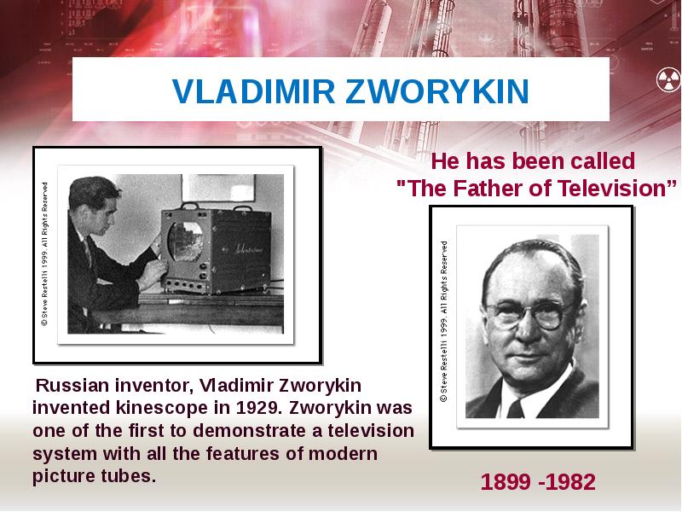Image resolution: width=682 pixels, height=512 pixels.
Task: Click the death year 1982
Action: point(570,483)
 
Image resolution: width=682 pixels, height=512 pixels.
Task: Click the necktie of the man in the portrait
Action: point(516,408)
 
